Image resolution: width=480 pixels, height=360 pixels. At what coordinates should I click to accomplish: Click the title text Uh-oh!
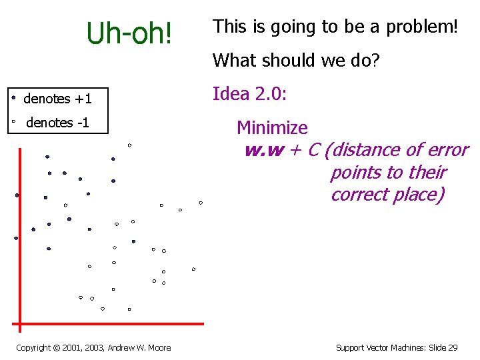click(129, 33)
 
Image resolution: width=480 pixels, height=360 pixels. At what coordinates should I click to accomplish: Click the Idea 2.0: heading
click(249, 94)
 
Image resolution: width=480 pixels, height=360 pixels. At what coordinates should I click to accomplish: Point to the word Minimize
click(272, 127)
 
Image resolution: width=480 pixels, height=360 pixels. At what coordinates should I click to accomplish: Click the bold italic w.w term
click(264, 150)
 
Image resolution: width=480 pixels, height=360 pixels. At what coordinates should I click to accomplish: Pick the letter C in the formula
click(313, 150)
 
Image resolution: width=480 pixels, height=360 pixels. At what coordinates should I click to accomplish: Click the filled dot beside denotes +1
click(13, 97)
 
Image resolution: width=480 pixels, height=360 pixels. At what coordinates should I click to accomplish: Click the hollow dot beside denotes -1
click(13, 122)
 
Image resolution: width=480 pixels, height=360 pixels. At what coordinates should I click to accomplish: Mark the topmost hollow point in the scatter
click(129, 145)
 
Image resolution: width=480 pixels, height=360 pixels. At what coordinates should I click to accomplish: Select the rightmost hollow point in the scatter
click(201, 203)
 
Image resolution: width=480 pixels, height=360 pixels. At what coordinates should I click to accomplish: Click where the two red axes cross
click(20, 324)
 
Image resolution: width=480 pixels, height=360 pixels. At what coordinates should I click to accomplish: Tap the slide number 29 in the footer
click(453, 347)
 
